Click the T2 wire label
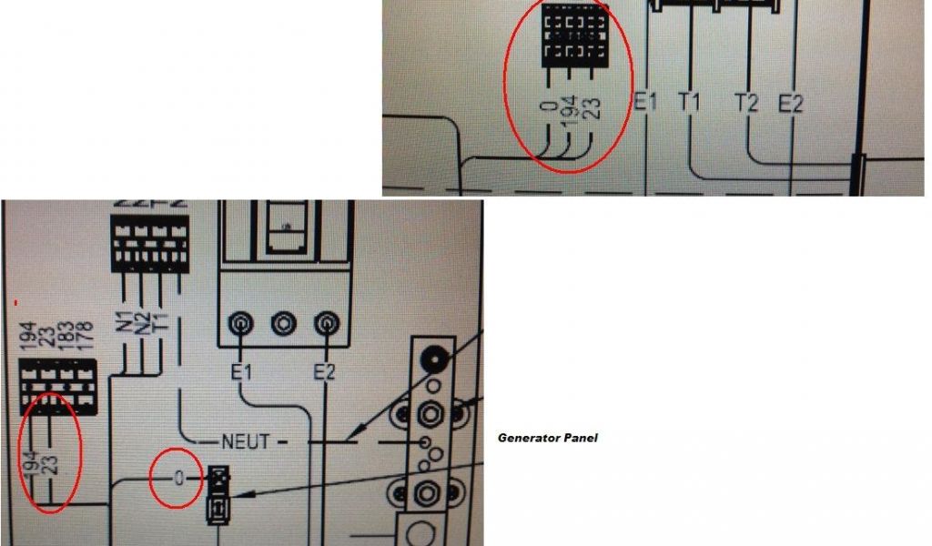coord(746,104)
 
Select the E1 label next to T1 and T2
coord(645,103)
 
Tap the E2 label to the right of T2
coord(791,104)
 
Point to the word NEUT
coord(246,441)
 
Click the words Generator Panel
coord(547,438)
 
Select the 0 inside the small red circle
coord(179,477)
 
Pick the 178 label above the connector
coord(86,337)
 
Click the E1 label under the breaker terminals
coord(241,370)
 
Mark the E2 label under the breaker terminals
coord(325,370)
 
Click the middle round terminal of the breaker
coord(285,323)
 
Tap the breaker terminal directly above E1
coord(242,323)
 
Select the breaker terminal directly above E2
coord(326,323)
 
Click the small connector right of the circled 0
coord(218,495)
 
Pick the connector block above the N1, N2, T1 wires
coord(149,243)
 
